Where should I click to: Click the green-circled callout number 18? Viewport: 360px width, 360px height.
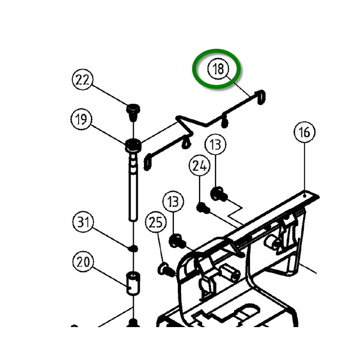pos(218,69)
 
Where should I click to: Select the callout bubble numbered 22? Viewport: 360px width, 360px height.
pos(82,80)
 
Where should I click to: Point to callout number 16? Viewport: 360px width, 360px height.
pos(304,132)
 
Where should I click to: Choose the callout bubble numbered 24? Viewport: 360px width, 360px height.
pos(200,166)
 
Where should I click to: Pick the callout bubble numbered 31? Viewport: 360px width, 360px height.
pos(83,223)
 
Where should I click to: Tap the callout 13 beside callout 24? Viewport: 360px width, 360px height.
pos(216,145)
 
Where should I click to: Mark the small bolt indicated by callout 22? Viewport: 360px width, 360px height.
pos(134,111)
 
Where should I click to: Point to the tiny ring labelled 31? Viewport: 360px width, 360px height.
pos(133,248)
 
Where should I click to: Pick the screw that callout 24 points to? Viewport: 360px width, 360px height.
pos(202,208)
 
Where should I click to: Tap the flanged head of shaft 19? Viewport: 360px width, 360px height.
pos(133,146)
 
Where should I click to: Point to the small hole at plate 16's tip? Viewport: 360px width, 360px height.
pos(307,195)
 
